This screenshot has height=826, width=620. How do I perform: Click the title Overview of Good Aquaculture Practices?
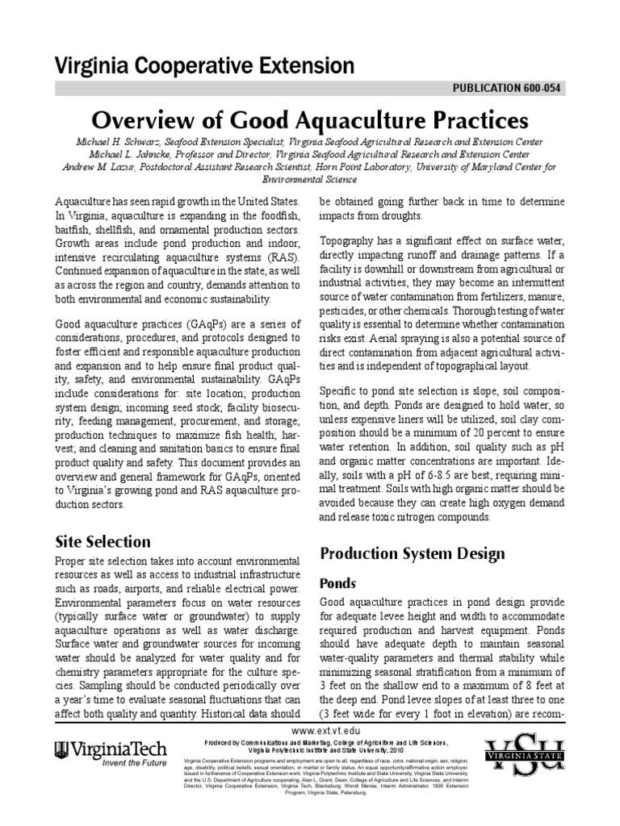click(310, 120)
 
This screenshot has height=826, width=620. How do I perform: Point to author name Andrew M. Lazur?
click(103, 167)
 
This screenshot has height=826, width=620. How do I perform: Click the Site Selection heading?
click(103, 541)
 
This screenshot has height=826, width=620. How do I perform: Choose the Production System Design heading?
click(413, 553)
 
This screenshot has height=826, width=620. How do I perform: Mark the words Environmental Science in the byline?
click(310, 180)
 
